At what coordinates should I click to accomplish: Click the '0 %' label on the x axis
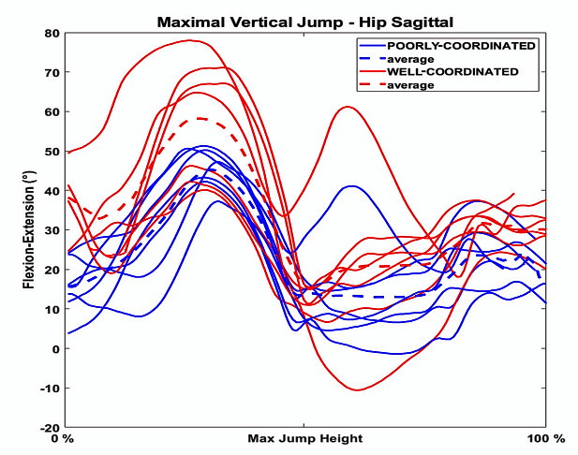(62, 439)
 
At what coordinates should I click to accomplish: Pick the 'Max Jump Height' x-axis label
(304, 439)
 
